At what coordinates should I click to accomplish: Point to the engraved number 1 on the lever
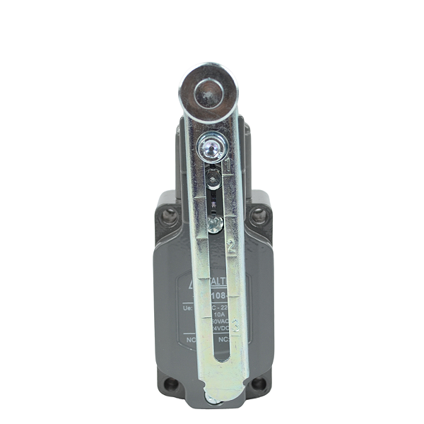pos(228,167)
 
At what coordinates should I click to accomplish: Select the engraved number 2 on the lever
pos(230,247)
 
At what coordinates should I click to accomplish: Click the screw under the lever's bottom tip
pos(212,401)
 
